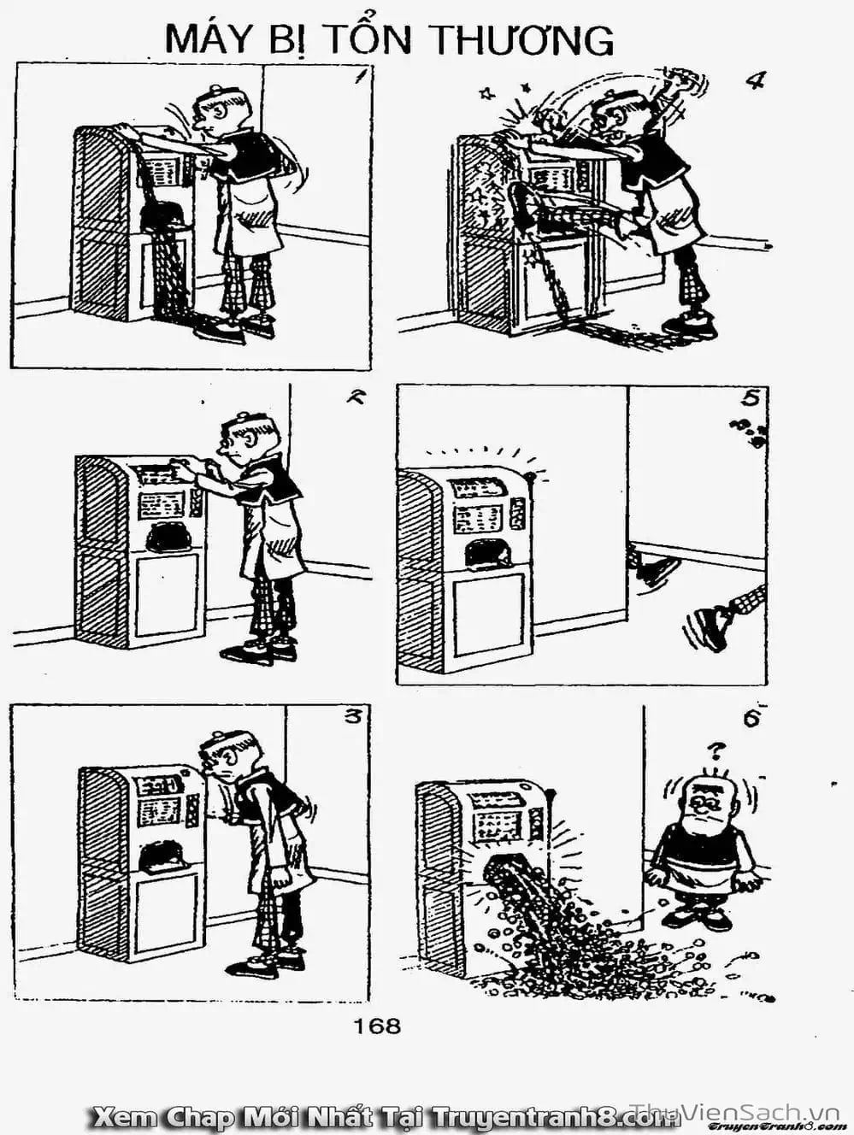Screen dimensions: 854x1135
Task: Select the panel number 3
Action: [x=353, y=719]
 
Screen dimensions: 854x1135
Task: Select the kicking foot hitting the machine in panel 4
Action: [x=521, y=205]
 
